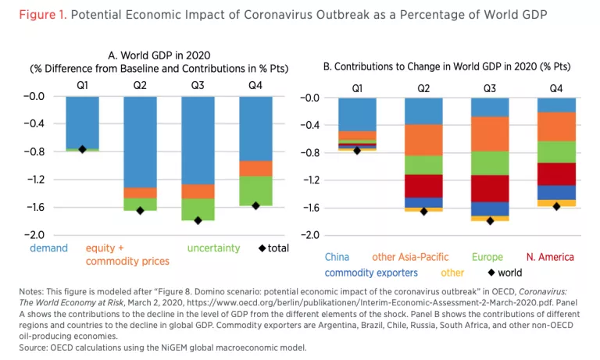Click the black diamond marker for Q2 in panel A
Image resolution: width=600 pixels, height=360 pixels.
tap(140, 210)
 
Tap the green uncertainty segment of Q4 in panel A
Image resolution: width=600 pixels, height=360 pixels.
tap(255, 191)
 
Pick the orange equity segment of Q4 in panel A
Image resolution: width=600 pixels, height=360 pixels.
tap(255, 168)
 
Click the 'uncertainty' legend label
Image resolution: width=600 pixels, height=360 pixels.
tap(213, 248)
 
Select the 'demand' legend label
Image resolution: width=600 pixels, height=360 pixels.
tap(48, 248)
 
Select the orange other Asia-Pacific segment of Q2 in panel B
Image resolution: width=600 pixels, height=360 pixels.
tap(423, 140)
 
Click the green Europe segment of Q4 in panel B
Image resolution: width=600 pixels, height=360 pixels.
tap(556, 151)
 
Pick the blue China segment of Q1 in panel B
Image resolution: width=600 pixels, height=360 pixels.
tap(357, 114)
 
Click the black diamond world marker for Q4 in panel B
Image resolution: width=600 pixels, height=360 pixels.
tap(557, 206)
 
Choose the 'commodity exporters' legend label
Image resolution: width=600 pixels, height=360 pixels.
tap(371, 273)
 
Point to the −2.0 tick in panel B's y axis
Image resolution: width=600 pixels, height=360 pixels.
tap(310, 235)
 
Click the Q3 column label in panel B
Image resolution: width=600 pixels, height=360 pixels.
tap(490, 88)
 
